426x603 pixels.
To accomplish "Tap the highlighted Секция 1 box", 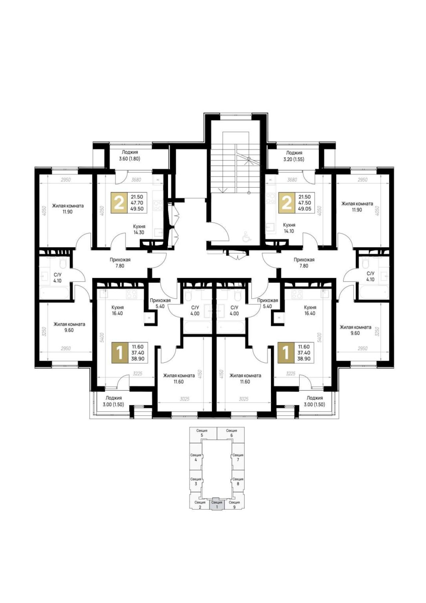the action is tap(217, 504).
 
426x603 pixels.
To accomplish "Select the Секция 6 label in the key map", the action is tap(232, 433).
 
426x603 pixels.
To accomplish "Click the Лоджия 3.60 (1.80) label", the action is tap(129, 155).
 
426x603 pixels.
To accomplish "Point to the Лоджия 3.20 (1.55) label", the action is tap(294, 156).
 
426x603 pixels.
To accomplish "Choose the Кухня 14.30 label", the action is tap(139, 229).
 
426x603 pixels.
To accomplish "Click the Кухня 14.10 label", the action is tap(289, 228).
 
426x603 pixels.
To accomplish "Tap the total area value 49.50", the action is tap(137, 209).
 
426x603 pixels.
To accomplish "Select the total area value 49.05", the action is tap(305, 209).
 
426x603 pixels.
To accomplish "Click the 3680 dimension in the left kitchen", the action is tap(136, 180).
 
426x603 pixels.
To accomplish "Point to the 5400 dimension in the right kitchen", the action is tap(319, 337).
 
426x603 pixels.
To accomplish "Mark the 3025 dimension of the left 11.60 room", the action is tap(184, 399).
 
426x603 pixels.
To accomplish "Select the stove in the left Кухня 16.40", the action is tap(131, 294).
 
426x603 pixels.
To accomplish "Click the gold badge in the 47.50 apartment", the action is tap(287, 202).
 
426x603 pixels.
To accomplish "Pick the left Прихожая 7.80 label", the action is tap(120, 263).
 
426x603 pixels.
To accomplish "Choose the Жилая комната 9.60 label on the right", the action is tap(355, 330).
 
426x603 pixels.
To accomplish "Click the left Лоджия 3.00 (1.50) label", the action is tap(114, 401).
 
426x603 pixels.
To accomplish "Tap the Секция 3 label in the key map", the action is tap(196, 481).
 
